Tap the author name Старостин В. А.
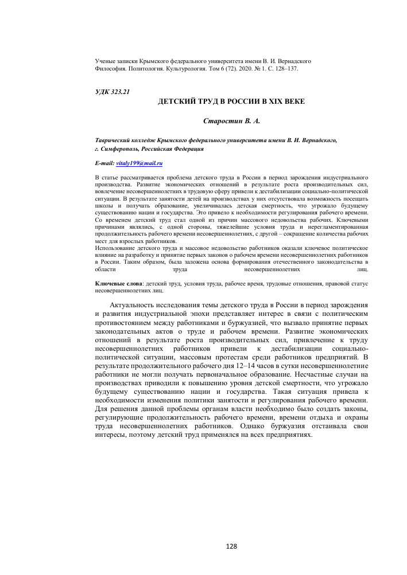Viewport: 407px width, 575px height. pyautogui.click(x=228, y=121)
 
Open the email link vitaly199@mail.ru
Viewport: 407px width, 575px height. pyautogui.click(x=139, y=163)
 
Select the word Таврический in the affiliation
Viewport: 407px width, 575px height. pyautogui.click(x=113, y=139)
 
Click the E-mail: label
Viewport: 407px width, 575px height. pyautogui.click(x=104, y=163)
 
